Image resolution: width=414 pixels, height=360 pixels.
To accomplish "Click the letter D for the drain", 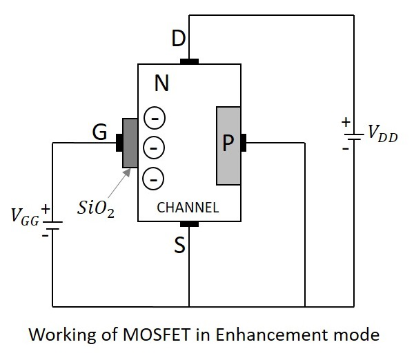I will point(178,39).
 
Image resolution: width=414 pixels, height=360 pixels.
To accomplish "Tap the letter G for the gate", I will point(99,132).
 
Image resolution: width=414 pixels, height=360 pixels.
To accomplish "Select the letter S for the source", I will point(179,246).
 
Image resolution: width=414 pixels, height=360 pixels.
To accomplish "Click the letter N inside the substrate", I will point(161,85).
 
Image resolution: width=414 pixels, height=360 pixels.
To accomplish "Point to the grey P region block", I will point(228,146).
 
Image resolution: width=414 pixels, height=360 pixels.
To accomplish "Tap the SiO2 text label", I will point(96,208).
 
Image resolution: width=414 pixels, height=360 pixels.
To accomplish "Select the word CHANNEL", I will point(188,207).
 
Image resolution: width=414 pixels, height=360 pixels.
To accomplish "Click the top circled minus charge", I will point(153,119).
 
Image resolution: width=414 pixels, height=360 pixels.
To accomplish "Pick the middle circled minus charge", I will point(153,148).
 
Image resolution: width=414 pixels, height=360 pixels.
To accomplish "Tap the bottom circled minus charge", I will point(153,178).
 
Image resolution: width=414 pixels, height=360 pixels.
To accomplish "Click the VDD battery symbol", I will point(353,136).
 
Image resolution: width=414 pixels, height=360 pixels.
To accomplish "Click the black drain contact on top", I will point(189,61).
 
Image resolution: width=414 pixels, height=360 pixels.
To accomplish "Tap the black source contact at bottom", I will point(189,224).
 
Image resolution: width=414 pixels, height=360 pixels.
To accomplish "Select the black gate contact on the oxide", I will point(119,143).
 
